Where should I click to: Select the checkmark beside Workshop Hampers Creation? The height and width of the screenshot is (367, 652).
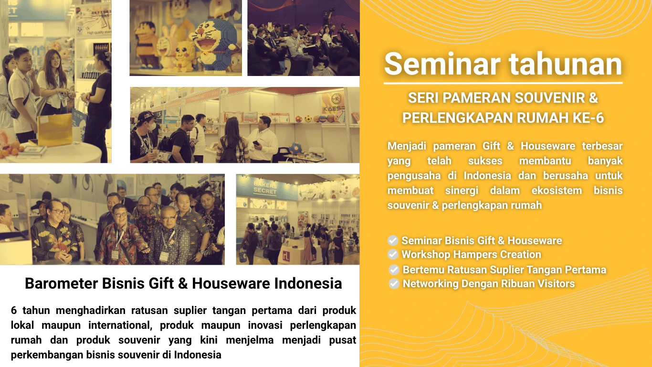393,254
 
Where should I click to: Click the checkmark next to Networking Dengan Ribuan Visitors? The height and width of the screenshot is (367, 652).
394,283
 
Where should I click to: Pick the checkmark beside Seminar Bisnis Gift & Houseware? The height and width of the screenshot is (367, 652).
393,240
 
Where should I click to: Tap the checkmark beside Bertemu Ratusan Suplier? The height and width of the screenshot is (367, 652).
394,270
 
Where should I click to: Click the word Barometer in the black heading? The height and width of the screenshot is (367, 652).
62,283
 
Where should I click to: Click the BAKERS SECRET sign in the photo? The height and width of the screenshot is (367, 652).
265,188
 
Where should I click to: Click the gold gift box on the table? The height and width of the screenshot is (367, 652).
55,130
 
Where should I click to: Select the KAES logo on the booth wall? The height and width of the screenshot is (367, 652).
334,104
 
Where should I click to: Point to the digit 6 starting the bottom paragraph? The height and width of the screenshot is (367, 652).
14,310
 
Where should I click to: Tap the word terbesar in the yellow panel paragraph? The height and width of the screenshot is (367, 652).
602,146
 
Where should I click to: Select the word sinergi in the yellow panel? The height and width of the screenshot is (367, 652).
462,191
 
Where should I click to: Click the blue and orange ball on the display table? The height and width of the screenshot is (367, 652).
295,148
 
